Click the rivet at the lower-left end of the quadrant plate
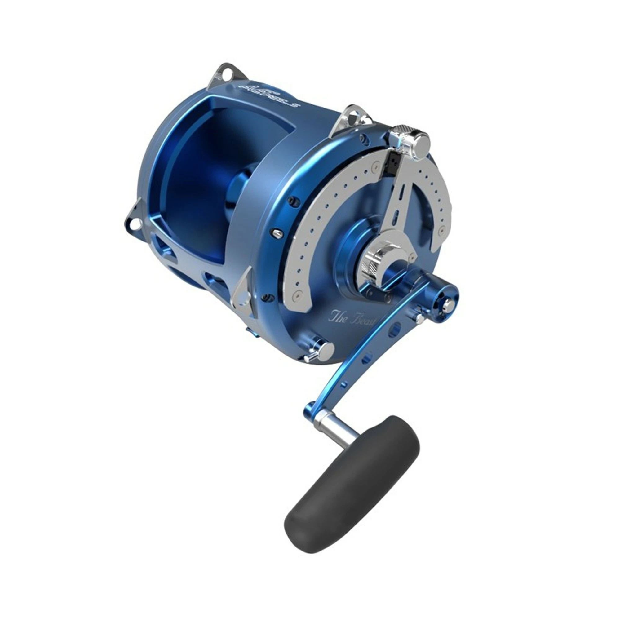299,293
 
